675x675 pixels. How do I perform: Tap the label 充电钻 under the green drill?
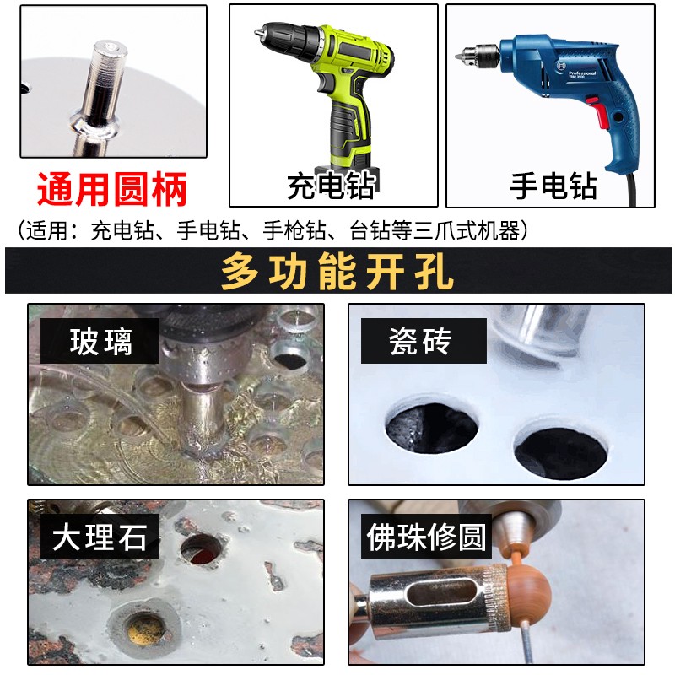tap(331, 186)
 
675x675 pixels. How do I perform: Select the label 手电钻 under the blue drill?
tap(553, 186)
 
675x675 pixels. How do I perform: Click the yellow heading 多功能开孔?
tap(337, 272)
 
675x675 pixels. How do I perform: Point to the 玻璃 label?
tap(102, 342)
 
